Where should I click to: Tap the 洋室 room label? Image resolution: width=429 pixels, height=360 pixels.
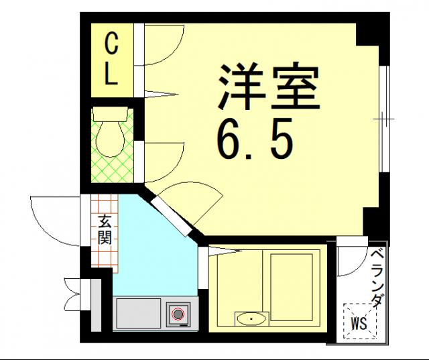click(267, 85)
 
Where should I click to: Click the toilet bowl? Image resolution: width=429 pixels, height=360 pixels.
click(110, 141)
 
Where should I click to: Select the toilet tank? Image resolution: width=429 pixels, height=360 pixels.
click(110, 113)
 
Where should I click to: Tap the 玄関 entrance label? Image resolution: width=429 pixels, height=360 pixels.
click(105, 229)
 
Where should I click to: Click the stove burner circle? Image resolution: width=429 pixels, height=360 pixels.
click(178, 313)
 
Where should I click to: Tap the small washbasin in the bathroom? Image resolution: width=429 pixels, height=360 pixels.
click(251, 318)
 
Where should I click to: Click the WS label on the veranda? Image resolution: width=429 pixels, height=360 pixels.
click(359, 323)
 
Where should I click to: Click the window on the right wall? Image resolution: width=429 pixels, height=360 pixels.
click(384, 119)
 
